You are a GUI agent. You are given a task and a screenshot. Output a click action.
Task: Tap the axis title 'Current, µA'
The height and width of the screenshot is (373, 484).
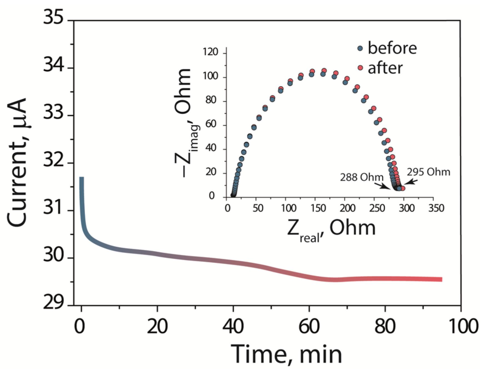coord(17,163)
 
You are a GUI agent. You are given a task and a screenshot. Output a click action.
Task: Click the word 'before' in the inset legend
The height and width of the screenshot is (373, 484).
coord(392,48)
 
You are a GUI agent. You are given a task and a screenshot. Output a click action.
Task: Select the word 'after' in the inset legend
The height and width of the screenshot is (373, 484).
coord(385,68)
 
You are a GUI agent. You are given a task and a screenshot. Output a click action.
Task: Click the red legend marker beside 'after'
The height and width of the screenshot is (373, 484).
coord(360,68)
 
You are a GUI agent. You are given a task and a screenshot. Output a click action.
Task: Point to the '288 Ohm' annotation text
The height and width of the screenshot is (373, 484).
coord(361,177)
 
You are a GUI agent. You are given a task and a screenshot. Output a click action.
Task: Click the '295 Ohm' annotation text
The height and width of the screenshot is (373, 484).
coord(428,172)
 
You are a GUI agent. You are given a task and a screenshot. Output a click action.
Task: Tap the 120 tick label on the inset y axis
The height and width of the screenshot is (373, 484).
coord(210,52)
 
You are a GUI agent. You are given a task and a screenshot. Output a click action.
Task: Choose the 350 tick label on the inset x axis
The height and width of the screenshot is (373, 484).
coord(436,208)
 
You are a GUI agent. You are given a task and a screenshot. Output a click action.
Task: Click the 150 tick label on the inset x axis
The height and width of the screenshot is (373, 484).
coord(318,208)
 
